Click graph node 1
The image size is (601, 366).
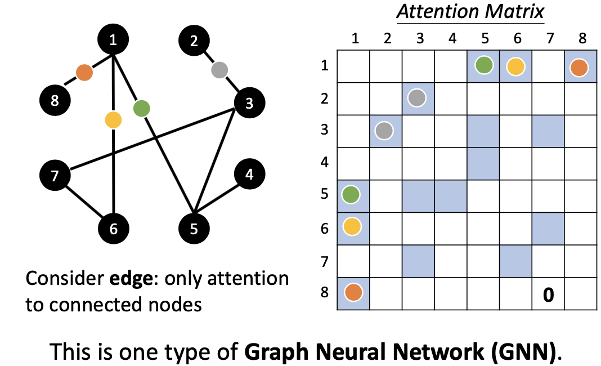pos(113,39)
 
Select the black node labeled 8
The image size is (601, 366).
pos(55,101)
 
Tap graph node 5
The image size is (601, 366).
pos(194,229)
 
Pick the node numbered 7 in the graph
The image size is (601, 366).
pos(55,176)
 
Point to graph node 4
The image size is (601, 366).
pos(249,175)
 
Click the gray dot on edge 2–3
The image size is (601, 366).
pos(219,70)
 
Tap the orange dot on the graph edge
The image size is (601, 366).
pos(84,73)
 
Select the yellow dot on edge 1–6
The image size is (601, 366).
pos(113,120)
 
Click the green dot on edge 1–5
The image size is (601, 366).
pos(142,108)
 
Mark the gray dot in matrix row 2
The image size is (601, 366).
pos(418,99)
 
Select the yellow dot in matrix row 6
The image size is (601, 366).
pos(353,228)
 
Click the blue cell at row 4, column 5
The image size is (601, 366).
pos(483,164)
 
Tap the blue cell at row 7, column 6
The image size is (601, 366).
pos(515,261)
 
